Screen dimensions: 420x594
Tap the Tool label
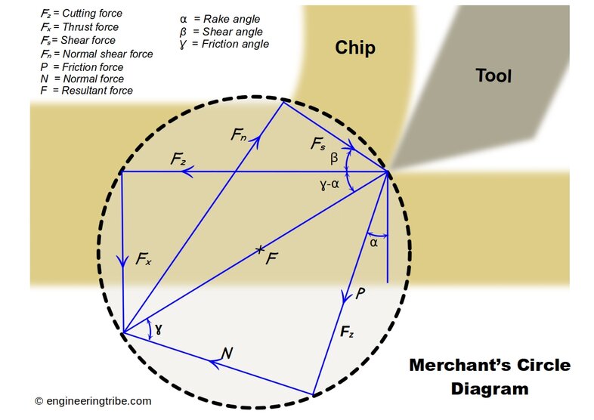[x=493, y=76]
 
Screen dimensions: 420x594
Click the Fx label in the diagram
[x=144, y=260]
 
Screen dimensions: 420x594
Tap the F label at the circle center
[x=272, y=258]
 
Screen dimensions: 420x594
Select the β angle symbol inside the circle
[x=334, y=159]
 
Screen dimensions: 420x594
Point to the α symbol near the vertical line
[x=374, y=242]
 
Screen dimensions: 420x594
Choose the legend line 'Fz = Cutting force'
[x=81, y=14]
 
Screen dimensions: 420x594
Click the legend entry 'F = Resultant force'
[x=85, y=91]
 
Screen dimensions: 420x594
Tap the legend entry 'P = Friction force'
[x=82, y=67]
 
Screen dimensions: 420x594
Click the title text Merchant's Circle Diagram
[x=489, y=377]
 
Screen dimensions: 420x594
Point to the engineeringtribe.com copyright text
[x=93, y=401]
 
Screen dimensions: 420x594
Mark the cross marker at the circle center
[x=260, y=248]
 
